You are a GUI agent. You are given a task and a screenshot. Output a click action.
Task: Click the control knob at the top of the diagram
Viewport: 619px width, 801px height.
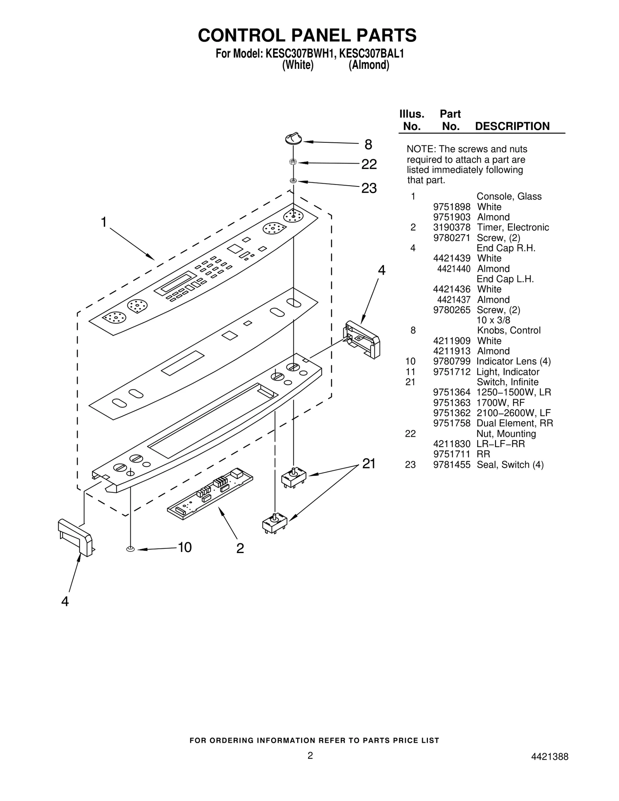(x=293, y=139)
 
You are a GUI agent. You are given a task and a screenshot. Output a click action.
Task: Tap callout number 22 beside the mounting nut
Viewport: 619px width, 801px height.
(x=369, y=164)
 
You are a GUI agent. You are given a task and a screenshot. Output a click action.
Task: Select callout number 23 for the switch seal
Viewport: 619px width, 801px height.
(x=369, y=188)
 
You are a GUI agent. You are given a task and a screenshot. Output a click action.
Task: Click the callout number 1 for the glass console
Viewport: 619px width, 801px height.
(x=104, y=222)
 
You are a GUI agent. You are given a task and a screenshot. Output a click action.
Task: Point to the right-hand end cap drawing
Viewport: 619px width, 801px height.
(x=361, y=339)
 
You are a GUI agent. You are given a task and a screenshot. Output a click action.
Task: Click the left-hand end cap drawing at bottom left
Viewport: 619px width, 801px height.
(x=75, y=537)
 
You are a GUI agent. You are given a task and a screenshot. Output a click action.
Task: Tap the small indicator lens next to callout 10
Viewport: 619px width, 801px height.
(x=130, y=549)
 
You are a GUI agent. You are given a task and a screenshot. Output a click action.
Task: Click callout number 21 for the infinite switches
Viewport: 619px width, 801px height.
(x=369, y=463)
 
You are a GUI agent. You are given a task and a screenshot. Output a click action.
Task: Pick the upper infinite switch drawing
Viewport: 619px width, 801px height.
(x=293, y=479)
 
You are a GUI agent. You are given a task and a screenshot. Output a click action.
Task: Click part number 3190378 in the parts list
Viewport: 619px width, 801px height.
(x=451, y=227)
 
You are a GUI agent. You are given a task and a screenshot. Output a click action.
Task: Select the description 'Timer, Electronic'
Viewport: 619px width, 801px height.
(x=513, y=227)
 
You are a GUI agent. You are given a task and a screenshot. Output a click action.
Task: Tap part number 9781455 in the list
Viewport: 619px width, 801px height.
(x=451, y=465)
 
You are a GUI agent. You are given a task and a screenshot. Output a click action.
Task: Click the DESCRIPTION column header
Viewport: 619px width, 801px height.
(x=512, y=126)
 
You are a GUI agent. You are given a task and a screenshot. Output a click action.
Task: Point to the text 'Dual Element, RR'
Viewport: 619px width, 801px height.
(x=515, y=423)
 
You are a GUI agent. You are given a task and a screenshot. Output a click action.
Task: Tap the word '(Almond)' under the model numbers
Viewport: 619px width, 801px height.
(x=368, y=65)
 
